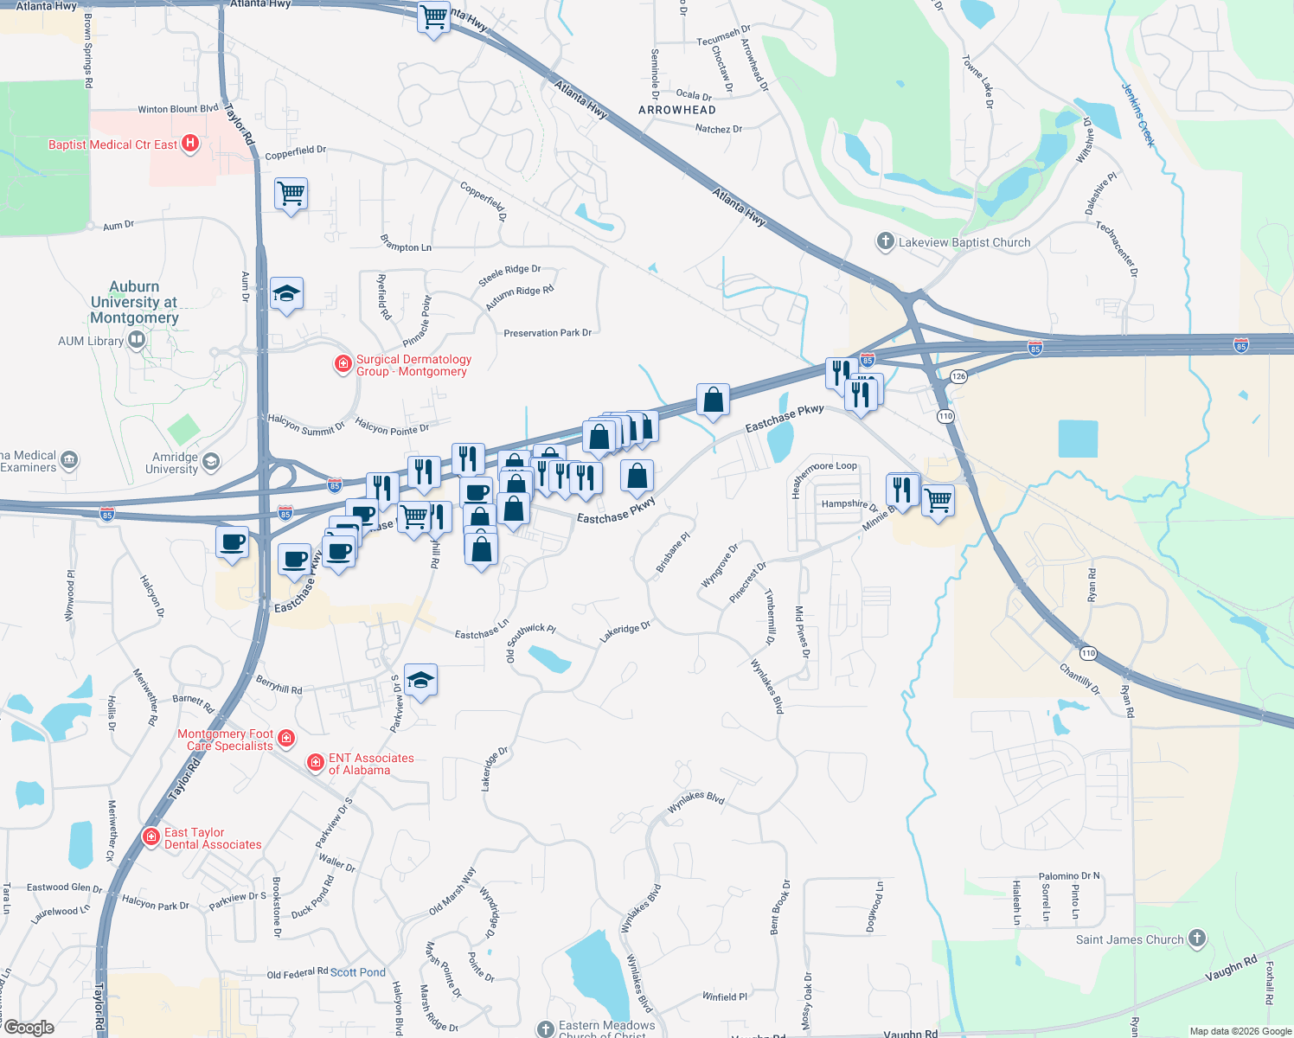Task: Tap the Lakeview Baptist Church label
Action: [x=964, y=242]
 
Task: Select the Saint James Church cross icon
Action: [x=1197, y=938]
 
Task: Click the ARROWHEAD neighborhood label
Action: [x=677, y=110]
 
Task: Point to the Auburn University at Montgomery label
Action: [x=134, y=302]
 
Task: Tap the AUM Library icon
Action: [x=137, y=340]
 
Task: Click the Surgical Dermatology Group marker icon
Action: [x=343, y=364]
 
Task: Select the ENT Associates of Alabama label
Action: [x=371, y=764]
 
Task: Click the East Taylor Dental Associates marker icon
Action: [x=151, y=836]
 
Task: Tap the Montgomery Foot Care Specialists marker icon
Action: [x=286, y=739]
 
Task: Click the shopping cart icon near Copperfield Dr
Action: [x=291, y=194]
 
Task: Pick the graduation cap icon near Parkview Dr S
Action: [x=420, y=681]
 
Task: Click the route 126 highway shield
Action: [x=958, y=376]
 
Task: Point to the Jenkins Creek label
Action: [x=1138, y=115]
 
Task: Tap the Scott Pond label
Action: [x=358, y=972]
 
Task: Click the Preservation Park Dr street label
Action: [x=548, y=333]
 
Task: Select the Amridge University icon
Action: [x=211, y=463]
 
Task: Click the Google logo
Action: [x=29, y=1027]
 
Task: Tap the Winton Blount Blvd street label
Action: [x=178, y=109]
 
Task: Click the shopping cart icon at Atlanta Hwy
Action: [x=433, y=16]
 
